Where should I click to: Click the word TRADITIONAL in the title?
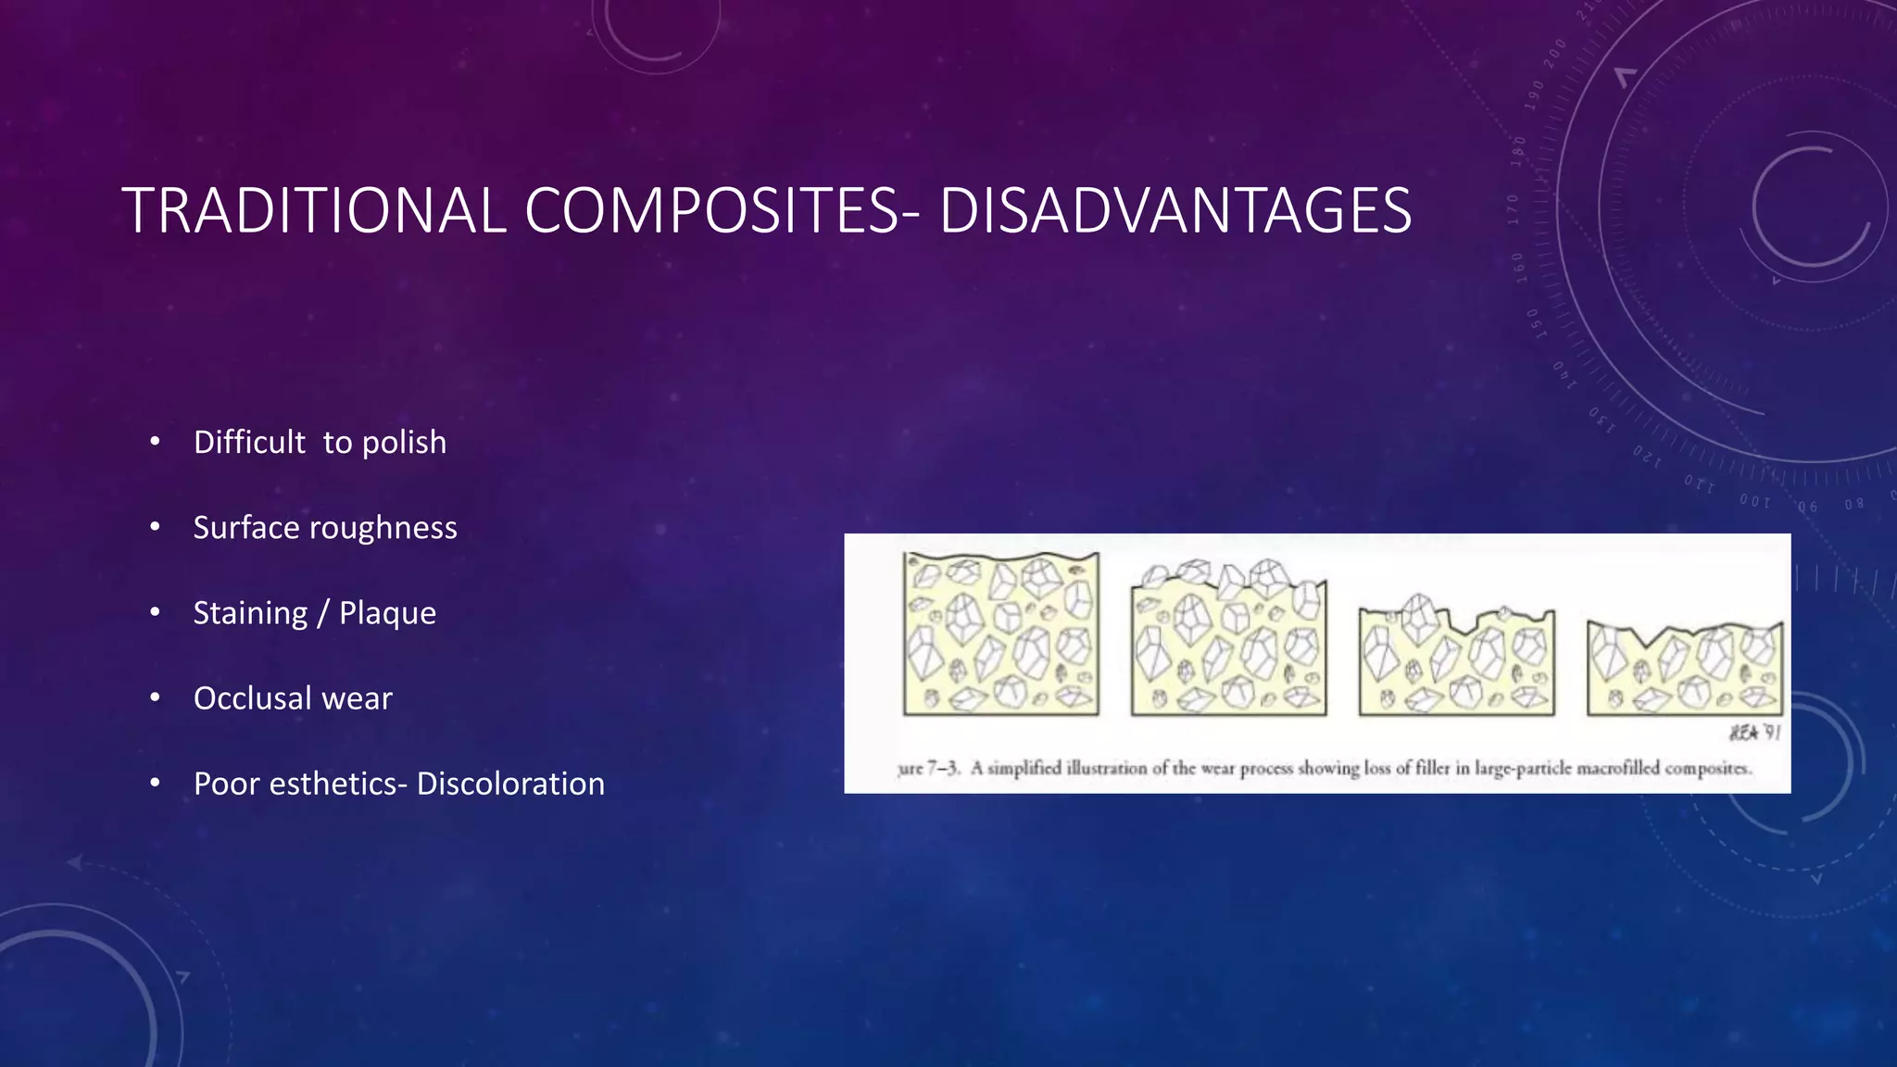click(x=313, y=211)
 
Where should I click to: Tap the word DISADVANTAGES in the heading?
click(x=1175, y=211)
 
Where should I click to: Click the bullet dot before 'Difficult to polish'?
click(x=155, y=442)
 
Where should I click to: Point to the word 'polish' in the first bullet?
click(x=404, y=443)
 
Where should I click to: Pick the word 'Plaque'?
click(x=387, y=613)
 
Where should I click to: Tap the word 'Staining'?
click(x=250, y=613)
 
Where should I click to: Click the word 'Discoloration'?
click(x=510, y=784)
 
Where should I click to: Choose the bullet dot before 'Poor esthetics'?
click(x=155, y=784)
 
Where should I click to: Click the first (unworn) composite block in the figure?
click(x=1001, y=635)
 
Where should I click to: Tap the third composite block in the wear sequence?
click(x=1457, y=659)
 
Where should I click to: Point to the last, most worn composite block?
click(x=1685, y=667)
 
